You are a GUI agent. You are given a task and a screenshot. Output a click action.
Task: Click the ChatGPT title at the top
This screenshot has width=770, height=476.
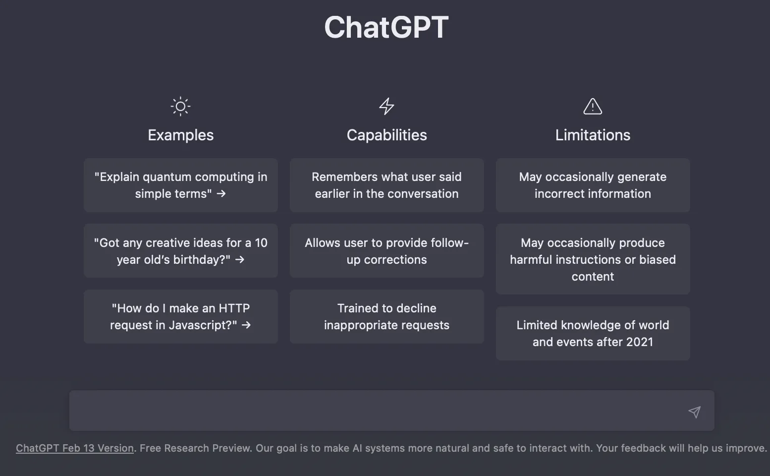point(386,27)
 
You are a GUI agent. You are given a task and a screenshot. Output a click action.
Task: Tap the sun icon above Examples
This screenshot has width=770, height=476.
point(180,106)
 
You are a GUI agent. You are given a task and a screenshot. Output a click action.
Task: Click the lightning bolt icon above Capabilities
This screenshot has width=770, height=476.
point(386,106)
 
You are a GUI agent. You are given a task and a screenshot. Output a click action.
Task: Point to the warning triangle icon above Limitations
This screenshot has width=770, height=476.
point(593,106)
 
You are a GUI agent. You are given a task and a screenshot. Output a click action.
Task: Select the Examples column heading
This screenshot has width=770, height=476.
point(180,135)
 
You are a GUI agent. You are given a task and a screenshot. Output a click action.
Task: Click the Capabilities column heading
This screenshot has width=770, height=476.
point(386,135)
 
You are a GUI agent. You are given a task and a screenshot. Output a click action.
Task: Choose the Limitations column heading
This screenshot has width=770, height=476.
point(593,135)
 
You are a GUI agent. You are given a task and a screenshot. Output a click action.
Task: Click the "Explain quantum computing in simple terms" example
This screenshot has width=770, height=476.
point(180,185)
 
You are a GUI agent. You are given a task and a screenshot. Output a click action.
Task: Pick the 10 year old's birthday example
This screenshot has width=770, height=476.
point(180,251)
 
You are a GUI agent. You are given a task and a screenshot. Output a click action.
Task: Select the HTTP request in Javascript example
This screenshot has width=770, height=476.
point(180,316)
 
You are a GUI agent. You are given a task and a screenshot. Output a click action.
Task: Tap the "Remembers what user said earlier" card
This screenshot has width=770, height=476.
point(386,185)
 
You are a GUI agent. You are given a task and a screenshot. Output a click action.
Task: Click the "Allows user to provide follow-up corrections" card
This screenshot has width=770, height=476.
point(386,251)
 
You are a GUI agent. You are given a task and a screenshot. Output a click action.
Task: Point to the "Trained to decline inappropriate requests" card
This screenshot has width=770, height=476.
point(386,316)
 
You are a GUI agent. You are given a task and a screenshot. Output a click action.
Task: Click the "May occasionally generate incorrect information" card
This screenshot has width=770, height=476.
point(593,185)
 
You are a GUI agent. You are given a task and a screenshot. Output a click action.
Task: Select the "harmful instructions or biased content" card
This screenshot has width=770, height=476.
point(593,259)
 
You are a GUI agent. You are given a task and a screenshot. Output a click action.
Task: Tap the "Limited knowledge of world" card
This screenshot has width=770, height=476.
point(593,333)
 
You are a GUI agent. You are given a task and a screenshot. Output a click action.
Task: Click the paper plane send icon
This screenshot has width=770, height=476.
point(694,412)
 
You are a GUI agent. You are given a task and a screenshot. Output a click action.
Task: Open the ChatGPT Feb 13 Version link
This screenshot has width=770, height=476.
point(75,448)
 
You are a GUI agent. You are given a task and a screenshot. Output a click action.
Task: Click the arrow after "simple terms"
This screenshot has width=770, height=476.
point(221,194)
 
